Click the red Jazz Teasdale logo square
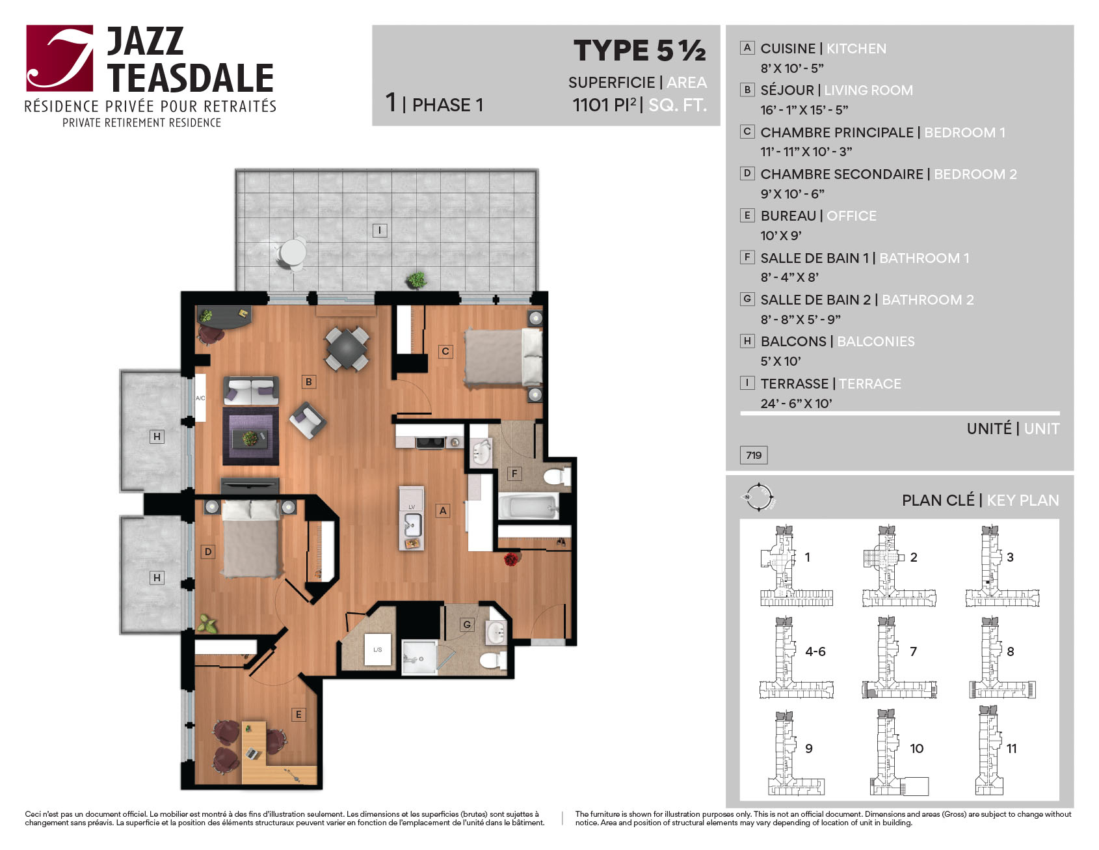[x=60, y=58]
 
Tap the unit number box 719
[x=754, y=455]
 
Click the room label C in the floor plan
[x=445, y=351]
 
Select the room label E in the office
[x=298, y=715]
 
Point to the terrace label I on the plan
[x=380, y=230]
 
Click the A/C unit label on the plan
[x=200, y=398]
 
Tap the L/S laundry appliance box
[x=378, y=650]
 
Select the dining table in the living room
[x=347, y=349]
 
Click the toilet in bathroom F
[x=557, y=477]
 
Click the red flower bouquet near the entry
[x=512, y=559]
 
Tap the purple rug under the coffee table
[x=250, y=435]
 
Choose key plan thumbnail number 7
[x=899, y=658]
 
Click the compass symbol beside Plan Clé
[x=759, y=498]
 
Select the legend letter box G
[x=747, y=299]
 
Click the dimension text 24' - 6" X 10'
[x=796, y=404]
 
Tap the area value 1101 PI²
[x=604, y=105]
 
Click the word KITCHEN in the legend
[x=856, y=49]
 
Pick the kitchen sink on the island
[x=412, y=525]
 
